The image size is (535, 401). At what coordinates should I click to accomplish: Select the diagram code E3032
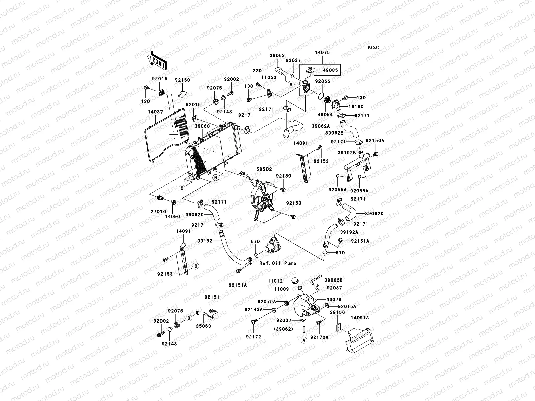(x=373, y=48)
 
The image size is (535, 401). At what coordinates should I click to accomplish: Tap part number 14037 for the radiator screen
(x=155, y=112)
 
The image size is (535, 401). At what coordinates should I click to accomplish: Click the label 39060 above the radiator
(x=202, y=126)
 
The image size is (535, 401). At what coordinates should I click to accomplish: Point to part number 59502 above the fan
(x=264, y=169)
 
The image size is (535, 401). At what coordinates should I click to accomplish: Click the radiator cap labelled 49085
(x=310, y=70)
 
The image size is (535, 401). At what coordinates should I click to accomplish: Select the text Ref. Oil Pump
(x=278, y=263)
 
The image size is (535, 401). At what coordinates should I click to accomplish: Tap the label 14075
(x=322, y=52)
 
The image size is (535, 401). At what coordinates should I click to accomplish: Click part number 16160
(x=356, y=106)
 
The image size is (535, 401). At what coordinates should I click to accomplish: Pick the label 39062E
(x=334, y=133)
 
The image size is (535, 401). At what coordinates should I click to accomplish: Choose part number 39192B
(x=347, y=153)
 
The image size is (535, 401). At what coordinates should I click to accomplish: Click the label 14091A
(x=360, y=318)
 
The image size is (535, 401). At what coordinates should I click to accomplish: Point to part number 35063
(x=203, y=326)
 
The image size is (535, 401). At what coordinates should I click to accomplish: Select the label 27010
(x=158, y=212)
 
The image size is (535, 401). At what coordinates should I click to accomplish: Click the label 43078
(x=334, y=300)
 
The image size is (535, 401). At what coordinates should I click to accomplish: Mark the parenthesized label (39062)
(x=283, y=329)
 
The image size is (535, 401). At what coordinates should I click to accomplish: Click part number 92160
(x=182, y=80)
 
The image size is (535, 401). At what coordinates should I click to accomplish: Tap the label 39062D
(x=374, y=214)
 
